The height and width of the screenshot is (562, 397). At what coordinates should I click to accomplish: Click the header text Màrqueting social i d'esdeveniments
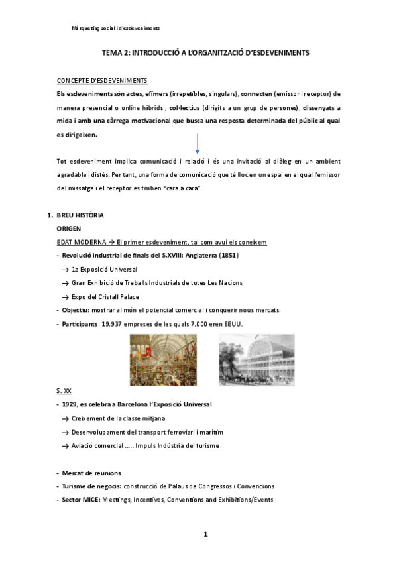[115, 28]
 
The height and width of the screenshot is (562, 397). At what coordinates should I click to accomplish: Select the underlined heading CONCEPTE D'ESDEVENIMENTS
[102, 81]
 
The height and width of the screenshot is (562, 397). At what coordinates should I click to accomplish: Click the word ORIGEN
[69, 229]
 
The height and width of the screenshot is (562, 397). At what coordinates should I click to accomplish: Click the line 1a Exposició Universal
[104, 270]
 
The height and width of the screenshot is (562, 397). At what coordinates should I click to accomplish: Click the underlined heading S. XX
[64, 392]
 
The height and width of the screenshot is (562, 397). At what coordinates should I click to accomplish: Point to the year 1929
[70, 405]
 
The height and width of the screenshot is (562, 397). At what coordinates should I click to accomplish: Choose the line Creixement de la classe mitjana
[118, 419]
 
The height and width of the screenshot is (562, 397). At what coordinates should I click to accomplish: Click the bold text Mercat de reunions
[91, 473]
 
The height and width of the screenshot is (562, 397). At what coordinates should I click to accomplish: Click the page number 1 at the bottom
[206, 534]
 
